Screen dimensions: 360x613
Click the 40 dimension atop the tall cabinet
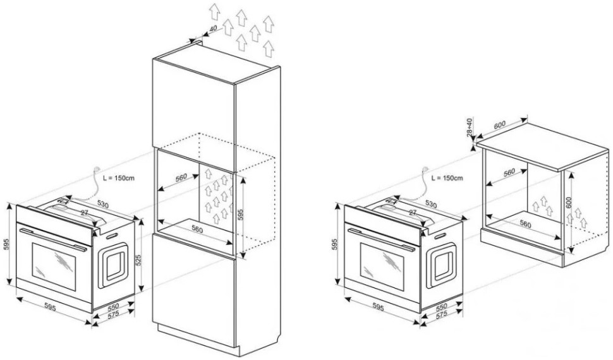point(212,29)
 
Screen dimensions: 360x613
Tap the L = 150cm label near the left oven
point(119,177)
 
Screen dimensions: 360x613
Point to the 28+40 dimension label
point(469,128)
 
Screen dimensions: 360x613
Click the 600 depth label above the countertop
point(499,125)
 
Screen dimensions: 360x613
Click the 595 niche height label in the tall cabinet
point(240,215)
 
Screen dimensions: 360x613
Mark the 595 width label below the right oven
point(377,308)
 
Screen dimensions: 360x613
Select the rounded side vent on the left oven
point(113,263)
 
